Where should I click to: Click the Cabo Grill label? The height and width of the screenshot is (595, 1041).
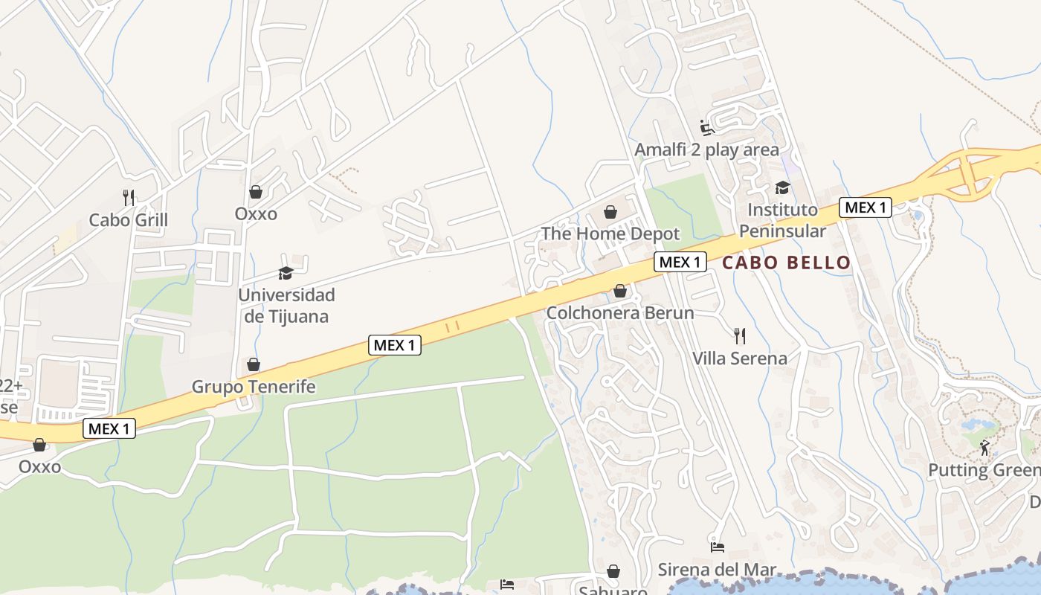pyautogui.click(x=129, y=220)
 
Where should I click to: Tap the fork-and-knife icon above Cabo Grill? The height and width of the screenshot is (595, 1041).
pyautogui.click(x=129, y=197)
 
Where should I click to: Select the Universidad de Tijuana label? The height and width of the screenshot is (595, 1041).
pyautogui.click(x=286, y=305)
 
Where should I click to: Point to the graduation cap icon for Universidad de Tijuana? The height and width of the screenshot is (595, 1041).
pyautogui.click(x=286, y=273)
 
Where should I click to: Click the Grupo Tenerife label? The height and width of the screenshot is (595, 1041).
pyautogui.click(x=254, y=387)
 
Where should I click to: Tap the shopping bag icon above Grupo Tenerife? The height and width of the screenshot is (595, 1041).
pyautogui.click(x=254, y=364)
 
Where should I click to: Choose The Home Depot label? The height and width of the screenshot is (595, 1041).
pyautogui.click(x=610, y=234)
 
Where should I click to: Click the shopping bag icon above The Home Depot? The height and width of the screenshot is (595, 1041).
pyautogui.click(x=610, y=212)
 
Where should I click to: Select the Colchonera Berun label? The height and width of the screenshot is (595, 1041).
pyautogui.click(x=620, y=313)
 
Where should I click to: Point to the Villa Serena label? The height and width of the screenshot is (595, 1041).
pyautogui.click(x=739, y=358)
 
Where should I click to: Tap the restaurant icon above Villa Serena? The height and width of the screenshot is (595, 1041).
pyautogui.click(x=739, y=335)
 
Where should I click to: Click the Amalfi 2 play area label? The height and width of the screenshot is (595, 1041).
pyautogui.click(x=706, y=149)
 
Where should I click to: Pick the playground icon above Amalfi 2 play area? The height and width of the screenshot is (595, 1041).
pyautogui.click(x=707, y=128)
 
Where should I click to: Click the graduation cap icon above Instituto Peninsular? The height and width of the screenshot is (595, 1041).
pyautogui.click(x=782, y=187)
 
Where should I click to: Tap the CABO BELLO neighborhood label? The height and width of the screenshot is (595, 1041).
pyautogui.click(x=786, y=263)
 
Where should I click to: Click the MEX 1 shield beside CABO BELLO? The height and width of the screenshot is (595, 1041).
pyautogui.click(x=680, y=262)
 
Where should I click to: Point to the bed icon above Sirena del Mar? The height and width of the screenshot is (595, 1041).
pyautogui.click(x=718, y=547)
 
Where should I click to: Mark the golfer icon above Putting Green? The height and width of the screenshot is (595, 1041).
pyautogui.click(x=985, y=448)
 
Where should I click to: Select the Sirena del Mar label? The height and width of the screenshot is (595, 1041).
pyautogui.click(x=717, y=570)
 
